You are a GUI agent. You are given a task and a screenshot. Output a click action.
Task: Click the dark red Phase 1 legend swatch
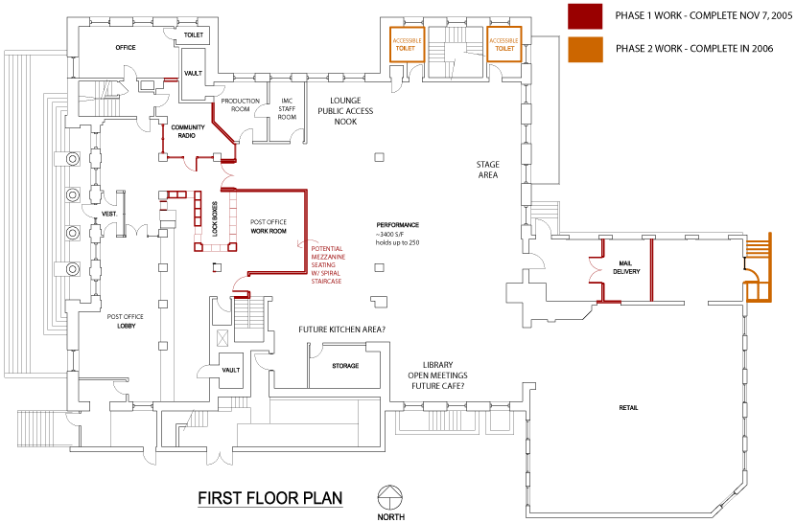click(584, 15)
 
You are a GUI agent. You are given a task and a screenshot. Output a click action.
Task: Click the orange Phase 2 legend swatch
click(584, 50)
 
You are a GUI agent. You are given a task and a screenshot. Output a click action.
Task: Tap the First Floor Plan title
click(269, 498)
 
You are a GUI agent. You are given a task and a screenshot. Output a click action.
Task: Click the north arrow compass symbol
click(390, 497)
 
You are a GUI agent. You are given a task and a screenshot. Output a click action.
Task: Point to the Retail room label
click(628, 408)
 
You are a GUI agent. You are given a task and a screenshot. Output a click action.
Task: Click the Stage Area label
click(488, 171)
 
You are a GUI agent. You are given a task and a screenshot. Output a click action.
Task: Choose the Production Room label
click(234, 104)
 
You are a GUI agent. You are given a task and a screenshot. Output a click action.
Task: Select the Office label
click(125, 47)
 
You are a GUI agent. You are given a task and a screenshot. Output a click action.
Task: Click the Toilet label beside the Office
click(194, 34)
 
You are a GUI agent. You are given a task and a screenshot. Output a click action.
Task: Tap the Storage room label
click(345, 366)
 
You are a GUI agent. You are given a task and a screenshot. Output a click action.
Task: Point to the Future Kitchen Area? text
click(341, 330)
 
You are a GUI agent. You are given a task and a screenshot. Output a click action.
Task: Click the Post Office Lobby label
click(127, 321)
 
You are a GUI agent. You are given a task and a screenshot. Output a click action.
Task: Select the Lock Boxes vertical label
click(214, 216)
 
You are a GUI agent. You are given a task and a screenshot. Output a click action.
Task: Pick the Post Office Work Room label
click(269, 225)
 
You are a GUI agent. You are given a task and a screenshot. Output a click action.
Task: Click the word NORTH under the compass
click(390, 516)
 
